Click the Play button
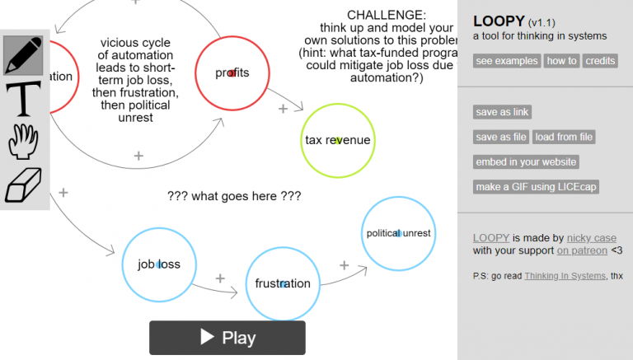click(227, 338)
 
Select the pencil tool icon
click(24, 54)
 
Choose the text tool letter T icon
click(24, 98)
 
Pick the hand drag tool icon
click(24, 142)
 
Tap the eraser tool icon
click(24, 185)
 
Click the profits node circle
click(232, 72)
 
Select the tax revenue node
click(337, 140)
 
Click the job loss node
click(159, 264)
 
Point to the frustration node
click(283, 283)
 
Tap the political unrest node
click(398, 233)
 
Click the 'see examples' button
click(507, 61)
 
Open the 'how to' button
click(562, 61)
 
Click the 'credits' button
click(601, 61)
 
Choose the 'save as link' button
click(502, 112)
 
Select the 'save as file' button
click(500, 137)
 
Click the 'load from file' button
click(564, 137)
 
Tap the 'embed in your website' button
click(526, 162)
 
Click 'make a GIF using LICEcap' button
click(537, 187)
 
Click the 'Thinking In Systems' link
click(565, 275)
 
